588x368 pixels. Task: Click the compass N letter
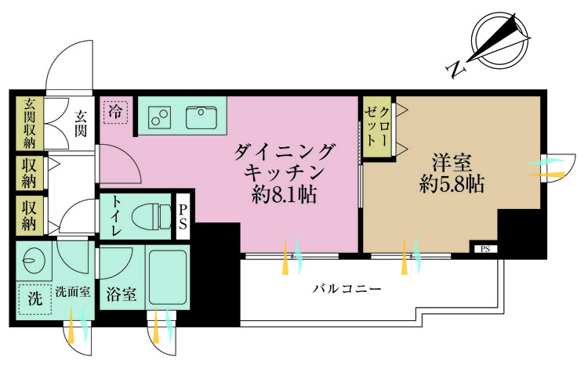point(455,70)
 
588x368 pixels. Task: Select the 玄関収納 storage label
point(30,123)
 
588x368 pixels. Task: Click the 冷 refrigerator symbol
point(115,110)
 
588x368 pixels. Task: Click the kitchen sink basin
point(202,117)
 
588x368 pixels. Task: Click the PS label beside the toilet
point(183,217)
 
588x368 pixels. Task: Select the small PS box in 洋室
point(485,250)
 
